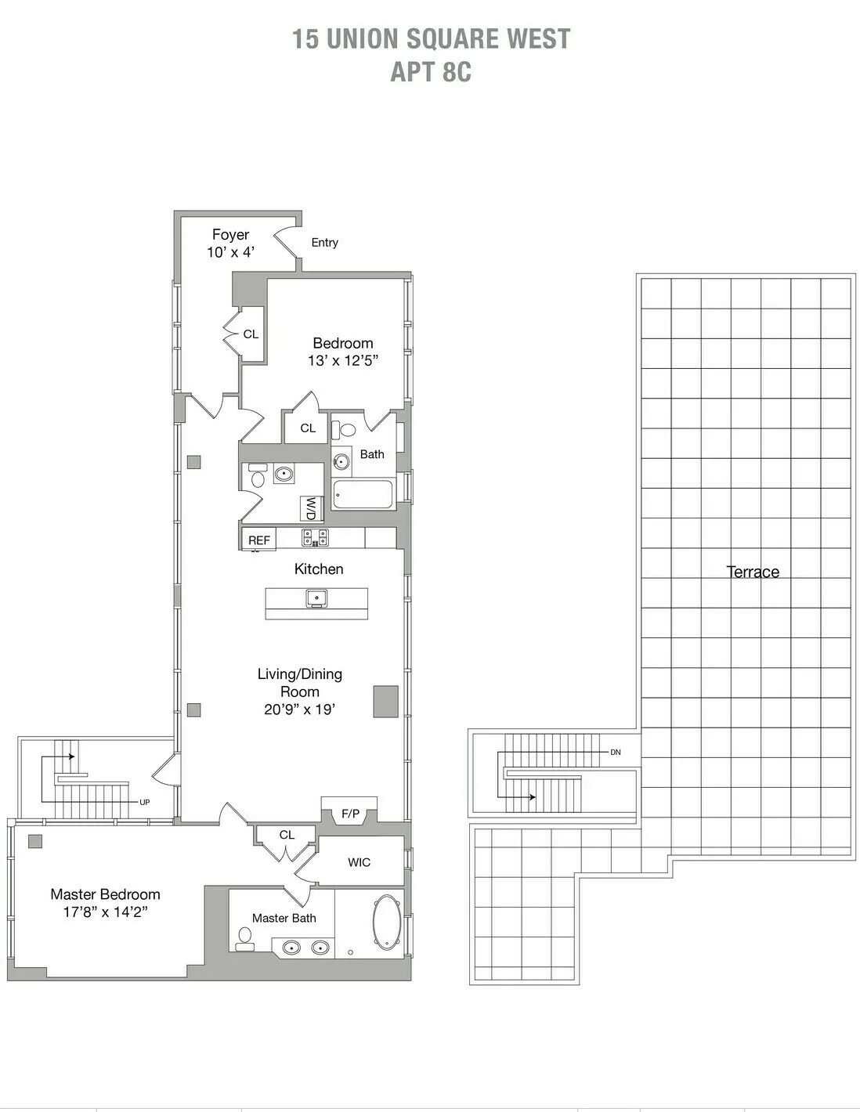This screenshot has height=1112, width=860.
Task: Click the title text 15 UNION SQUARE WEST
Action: pos(431,38)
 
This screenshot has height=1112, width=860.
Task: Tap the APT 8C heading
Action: pos(431,71)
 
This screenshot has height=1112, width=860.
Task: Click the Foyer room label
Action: pos(230,235)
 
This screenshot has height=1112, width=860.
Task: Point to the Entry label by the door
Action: pos(324,243)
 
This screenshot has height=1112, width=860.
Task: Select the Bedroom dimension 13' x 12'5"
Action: pos(343,361)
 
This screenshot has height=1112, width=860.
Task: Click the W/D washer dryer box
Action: pos(311,508)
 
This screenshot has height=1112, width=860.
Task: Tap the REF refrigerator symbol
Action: pos(258,540)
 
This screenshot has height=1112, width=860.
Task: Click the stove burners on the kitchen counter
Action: pos(316,537)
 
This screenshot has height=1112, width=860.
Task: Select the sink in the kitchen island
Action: pos(316,599)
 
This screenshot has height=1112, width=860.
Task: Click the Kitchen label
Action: pos(319,569)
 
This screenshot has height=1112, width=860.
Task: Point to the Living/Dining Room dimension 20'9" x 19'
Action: pos(300,709)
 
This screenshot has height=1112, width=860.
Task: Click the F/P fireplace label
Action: pos(350,814)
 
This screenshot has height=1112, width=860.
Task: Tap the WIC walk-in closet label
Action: pos(359,862)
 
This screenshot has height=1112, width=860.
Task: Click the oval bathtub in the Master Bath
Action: pos(386,922)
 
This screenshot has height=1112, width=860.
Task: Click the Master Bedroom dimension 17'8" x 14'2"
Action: pos(105,912)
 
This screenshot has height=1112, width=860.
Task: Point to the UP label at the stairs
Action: pos(144,802)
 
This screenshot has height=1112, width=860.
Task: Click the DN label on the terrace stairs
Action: pos(616,753)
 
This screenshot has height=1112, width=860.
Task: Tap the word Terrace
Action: pos(753,572)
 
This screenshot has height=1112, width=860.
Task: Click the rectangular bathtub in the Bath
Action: pos(363,494)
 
